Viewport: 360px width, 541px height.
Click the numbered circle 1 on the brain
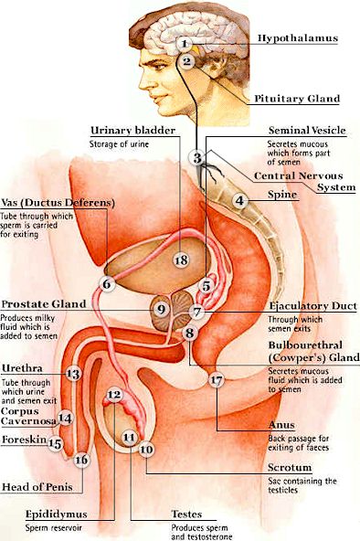(185, 44)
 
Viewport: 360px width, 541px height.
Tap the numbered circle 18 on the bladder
(181, 260)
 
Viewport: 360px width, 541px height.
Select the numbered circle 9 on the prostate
(161, 309)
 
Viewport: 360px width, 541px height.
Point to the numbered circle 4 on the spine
(239, 200)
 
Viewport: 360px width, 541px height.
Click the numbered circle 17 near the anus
(217, 380)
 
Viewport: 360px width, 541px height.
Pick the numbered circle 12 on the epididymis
(114, 395)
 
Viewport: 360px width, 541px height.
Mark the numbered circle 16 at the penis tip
(81, 460)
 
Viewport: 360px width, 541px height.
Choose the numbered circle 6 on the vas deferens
(107, 284)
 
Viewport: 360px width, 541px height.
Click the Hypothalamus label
(298, 38)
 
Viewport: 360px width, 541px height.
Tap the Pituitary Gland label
(297, 99)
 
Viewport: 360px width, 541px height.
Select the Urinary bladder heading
(133, 131)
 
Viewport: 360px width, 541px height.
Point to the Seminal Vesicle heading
(307, 131)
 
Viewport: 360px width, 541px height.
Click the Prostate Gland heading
(44, 304)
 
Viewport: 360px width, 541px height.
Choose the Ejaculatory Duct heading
(313, 306)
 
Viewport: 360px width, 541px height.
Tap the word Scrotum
(290, 468)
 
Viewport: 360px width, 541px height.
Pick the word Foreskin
(24, 440)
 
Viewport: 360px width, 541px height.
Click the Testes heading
(186, 514)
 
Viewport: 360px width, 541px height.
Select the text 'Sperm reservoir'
(54, 528)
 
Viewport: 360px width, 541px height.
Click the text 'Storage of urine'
(120, 143)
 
